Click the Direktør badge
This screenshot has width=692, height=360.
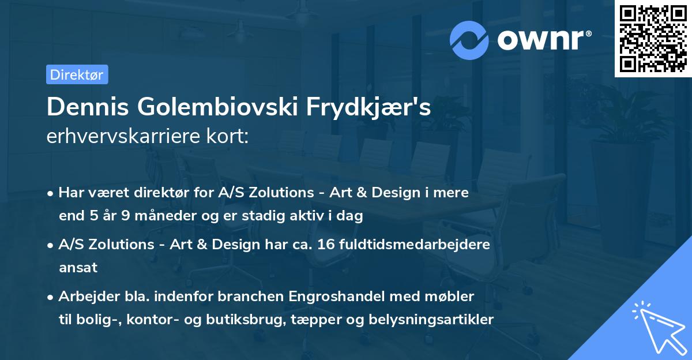(77, 74)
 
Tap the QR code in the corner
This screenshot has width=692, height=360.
(652, 39)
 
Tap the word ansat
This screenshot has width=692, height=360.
(78, 268)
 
